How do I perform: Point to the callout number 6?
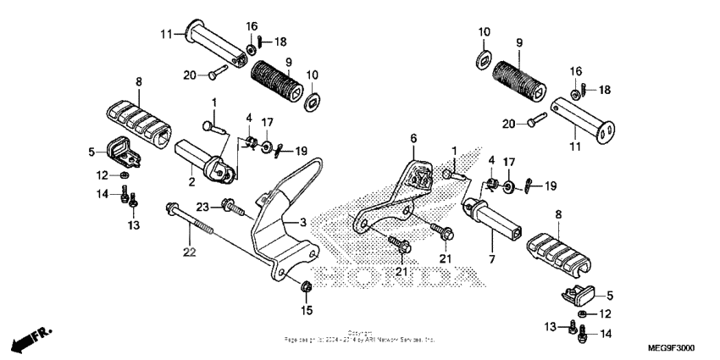414,137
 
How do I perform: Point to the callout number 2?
192,180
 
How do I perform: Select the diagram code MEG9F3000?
671,347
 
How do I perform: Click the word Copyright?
359,334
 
